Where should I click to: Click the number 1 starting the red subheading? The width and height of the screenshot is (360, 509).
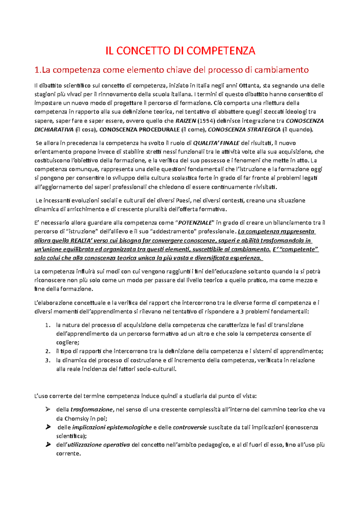pyautogui.click(x=37, y=70)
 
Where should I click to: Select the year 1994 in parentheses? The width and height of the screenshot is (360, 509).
pyautogui.click(x=206, y=121)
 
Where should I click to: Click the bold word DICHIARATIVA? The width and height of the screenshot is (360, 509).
pyautogui.click(x=54, y=130)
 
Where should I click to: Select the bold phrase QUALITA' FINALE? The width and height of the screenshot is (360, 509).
pyautogui.click(x=216, y=143)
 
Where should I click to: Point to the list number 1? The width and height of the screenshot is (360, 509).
pyautogui.click(x=47, y=325)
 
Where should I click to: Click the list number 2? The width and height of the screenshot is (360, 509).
pyautogui.click(x=47, y=352)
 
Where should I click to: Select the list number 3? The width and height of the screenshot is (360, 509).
pyautogui.click(x=47, y=360)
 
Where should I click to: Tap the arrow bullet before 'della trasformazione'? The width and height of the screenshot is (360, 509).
pyautogui.click(x=48, y=409)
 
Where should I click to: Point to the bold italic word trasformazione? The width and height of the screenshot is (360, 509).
pyautogui.click(x=91, y=410)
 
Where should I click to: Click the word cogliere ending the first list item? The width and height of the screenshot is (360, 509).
pyautogui.click(x=67, y=343)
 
